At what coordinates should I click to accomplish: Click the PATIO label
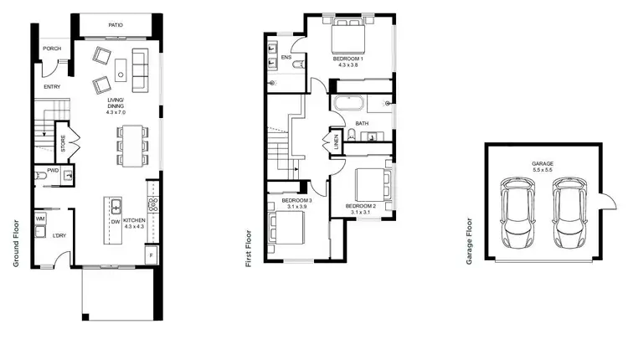[x=116, y=26]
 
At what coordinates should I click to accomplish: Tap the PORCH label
[x=52, y=49]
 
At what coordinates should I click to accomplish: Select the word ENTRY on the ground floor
[x=52, y=86]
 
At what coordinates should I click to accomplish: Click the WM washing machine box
[x=39, y=219]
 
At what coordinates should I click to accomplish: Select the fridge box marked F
[x=151, y=254]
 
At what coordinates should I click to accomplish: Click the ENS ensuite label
[x=286, y=58]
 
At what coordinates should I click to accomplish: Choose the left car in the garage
[x=518, y=213]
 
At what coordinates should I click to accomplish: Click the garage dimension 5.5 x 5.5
[x=543, y=170]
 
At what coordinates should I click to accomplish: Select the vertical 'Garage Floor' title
[x=471, y=243]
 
